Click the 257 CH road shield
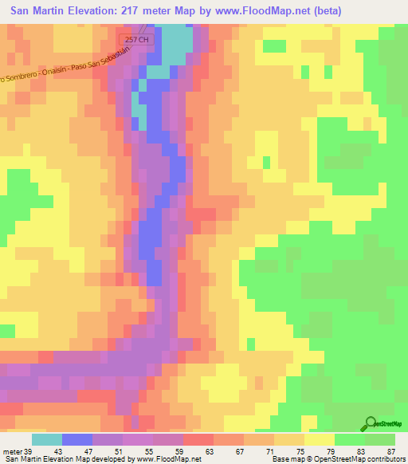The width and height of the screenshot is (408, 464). click(137, 39)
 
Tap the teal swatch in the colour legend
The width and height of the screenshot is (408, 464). click(46, 439)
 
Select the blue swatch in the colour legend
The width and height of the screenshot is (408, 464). click(77, 439)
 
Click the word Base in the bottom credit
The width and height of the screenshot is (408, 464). click(280, 459)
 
